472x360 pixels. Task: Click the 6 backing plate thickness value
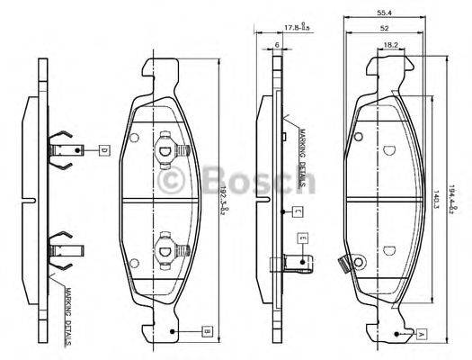coord(279,45)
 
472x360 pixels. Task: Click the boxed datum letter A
coord(421,333)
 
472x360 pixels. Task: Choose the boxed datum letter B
coord(206,332)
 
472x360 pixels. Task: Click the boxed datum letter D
coord(102,148)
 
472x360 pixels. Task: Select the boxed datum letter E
coord(303,238)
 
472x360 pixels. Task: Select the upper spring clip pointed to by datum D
coord(63,148)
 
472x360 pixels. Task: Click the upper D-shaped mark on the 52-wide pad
coord(388,148)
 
